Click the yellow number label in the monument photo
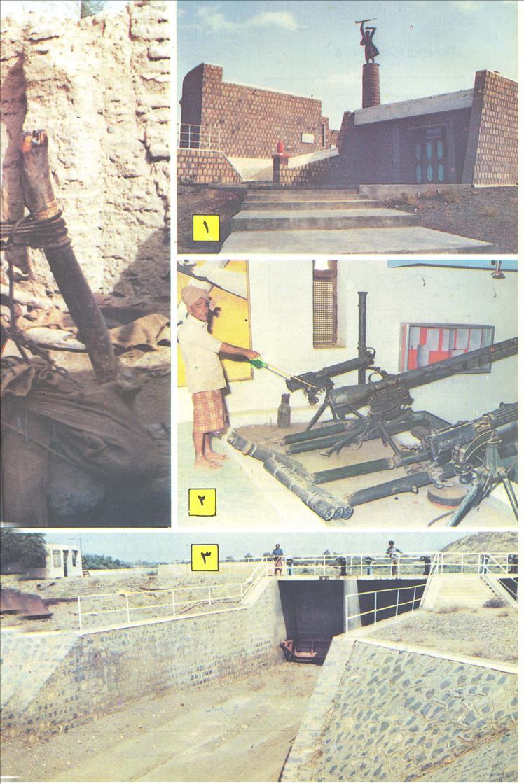[x=206, y=227]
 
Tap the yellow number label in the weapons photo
[x=202, y=501]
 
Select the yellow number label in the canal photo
[x=205, y=557]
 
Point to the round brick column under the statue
[x=371, y=85]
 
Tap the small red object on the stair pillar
[x=281, y=148]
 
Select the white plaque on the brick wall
[x=307, y=139]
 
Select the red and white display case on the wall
[x=446, y=346]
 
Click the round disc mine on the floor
[x=446, y=495]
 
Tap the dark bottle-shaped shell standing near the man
[x=284, y=412]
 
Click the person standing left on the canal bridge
[x=277, y=558]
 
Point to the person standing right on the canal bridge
[x=393, y=556]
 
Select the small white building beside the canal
[x=64, y=561]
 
